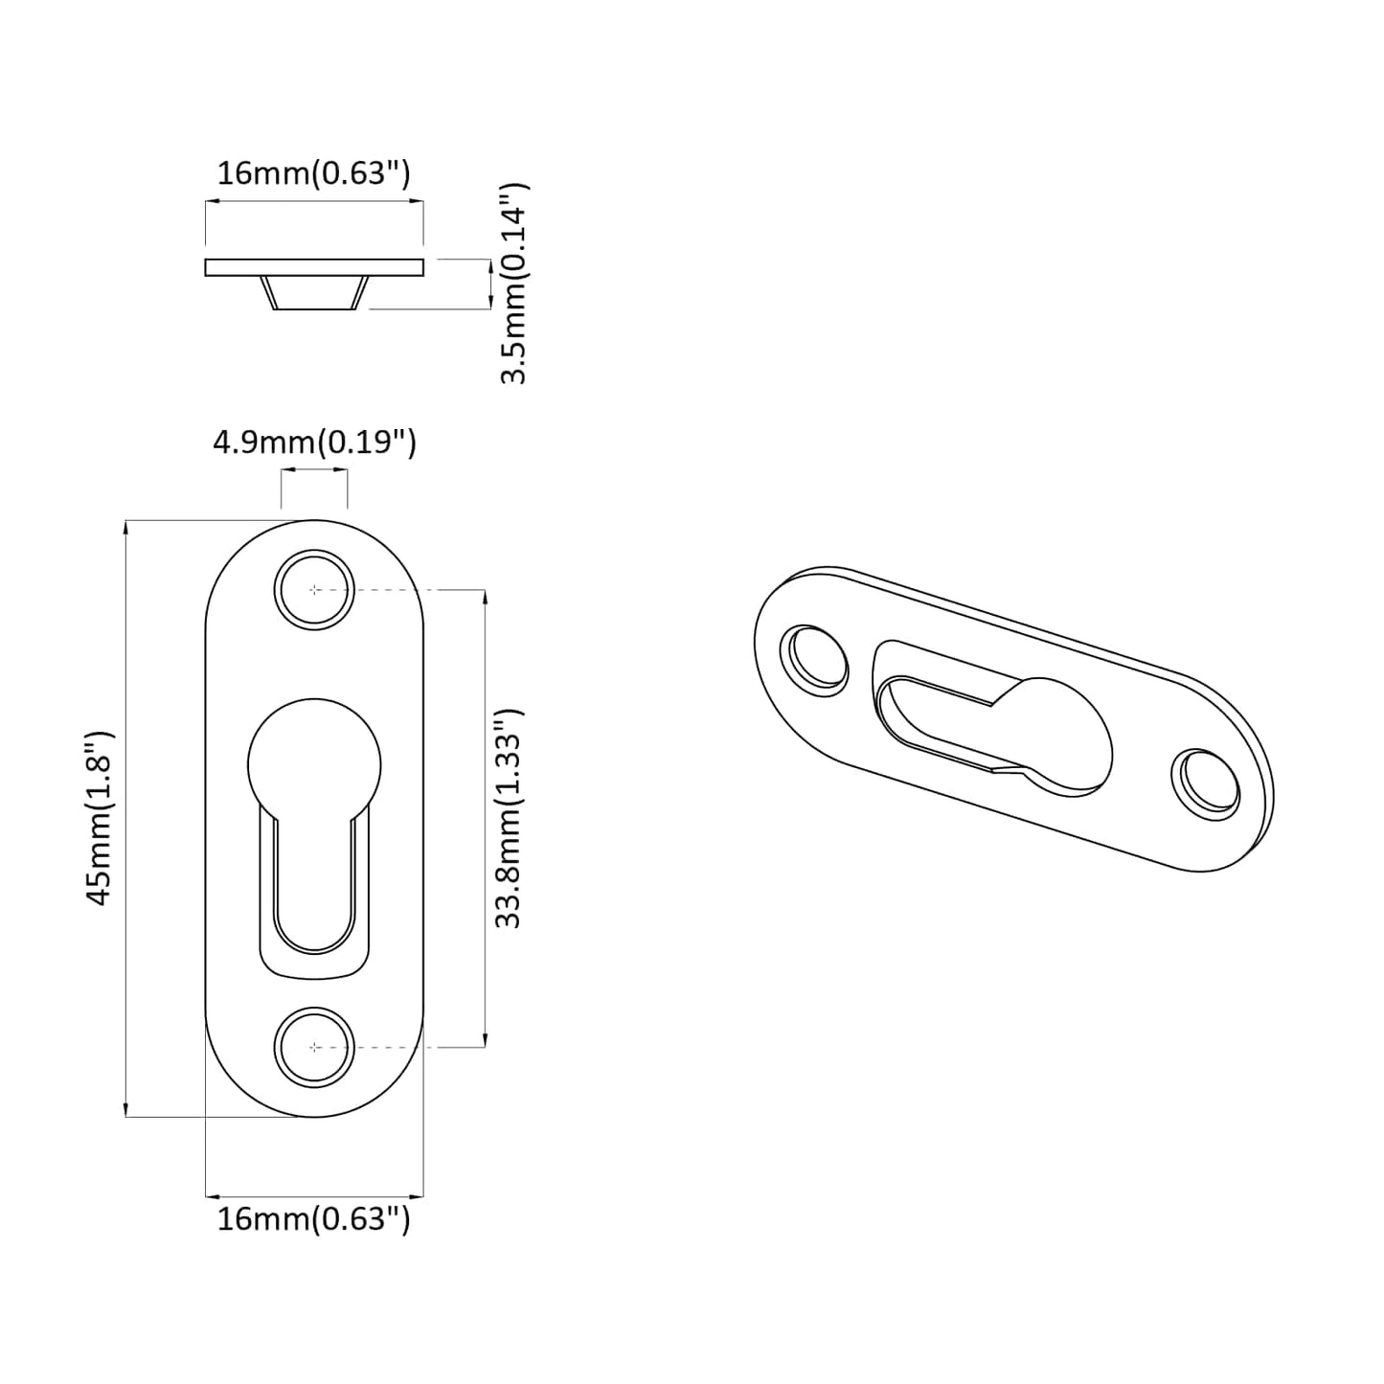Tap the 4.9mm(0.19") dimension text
point(314,442)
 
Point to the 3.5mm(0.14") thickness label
point(513,284)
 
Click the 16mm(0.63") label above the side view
point(314,173)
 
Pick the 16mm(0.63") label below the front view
point(314,1219)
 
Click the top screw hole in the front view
point(314,589)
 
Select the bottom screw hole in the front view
point(314,1046)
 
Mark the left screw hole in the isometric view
point(815,661)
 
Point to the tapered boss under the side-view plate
point(314,293)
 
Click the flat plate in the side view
point(314,267)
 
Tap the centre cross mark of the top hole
point(314,589)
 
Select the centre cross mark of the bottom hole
point(314,1046)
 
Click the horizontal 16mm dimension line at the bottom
point(314,1195)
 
